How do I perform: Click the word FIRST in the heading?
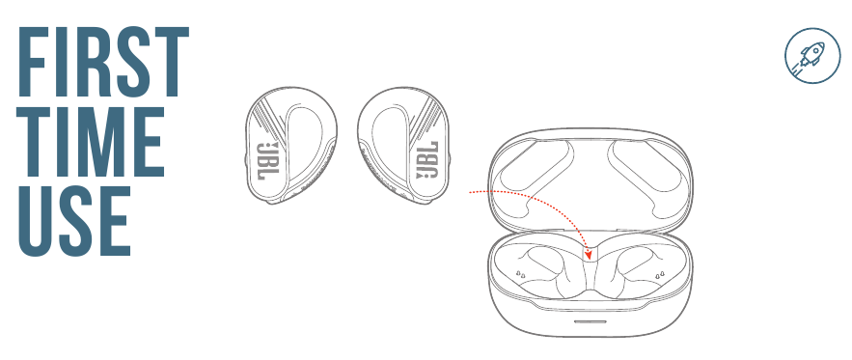[102, 60]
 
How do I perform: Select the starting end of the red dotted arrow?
[470, 192]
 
